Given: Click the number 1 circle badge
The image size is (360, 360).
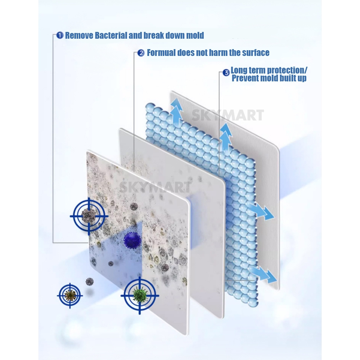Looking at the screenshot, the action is [60, 35].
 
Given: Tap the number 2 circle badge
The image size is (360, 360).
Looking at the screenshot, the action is [141, 53].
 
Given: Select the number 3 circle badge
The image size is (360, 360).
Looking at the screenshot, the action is [226, 73].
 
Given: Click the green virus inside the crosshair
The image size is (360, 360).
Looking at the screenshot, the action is [139, 295].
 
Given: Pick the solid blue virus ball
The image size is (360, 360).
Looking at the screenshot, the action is [132, 240].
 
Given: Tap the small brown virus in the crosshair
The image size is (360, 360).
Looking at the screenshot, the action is [70, 295].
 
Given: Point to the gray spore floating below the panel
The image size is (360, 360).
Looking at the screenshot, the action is [90, 282].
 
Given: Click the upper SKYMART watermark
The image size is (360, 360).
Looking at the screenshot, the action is [228, 115].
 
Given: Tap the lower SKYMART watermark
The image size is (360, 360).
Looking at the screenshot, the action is [155, 187].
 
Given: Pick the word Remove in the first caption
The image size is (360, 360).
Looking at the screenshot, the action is [79, 35].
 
